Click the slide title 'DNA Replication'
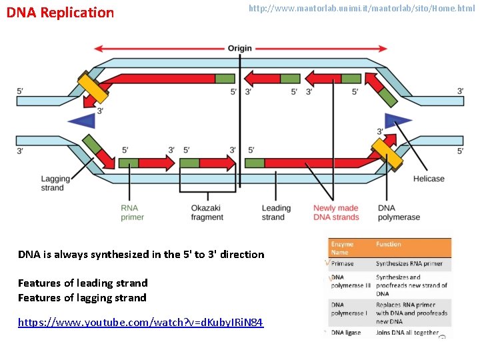click(60, 13)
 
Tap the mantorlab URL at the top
click(361, 9)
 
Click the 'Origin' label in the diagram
click(240, 49)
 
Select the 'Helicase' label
click(428, 179)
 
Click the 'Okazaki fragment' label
click(207, 212)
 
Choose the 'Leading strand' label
click(273, 212)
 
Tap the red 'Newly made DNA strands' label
click(336, 212)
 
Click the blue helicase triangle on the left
click(82, 121)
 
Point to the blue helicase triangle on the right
click(398, 121)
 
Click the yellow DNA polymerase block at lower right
click(387, 154)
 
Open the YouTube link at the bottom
click(141, 323)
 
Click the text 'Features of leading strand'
click(83, 283)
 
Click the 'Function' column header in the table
click(389, 244)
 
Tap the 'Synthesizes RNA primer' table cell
click(409, 263)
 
